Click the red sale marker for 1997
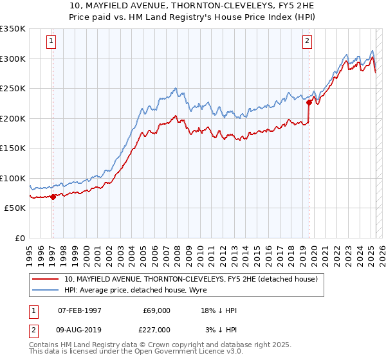53,197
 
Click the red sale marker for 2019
309,102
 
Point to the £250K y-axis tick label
13,88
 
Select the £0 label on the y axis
19,238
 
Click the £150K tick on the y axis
13,148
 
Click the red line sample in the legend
46,280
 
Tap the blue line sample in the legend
46,291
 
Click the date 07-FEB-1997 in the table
80,310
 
